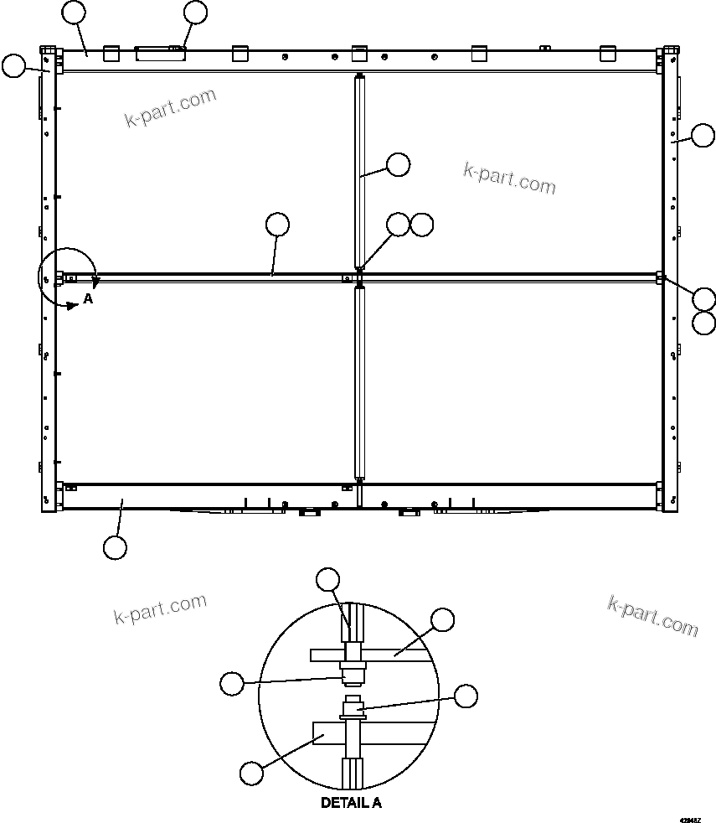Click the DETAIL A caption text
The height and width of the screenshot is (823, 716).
351,802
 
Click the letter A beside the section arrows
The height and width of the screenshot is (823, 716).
87,298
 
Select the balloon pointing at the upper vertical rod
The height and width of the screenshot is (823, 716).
398,164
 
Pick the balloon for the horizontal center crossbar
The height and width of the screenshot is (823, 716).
277,224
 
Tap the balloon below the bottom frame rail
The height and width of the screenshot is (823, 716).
115,547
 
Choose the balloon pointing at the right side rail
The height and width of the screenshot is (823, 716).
703,134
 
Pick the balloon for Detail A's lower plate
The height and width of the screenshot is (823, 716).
250,771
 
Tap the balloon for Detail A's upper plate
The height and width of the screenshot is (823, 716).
441,620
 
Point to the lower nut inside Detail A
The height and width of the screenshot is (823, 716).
351,712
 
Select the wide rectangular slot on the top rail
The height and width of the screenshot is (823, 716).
161,54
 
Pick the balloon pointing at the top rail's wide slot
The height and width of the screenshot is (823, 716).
195,12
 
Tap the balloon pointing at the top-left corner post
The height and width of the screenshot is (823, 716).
13,66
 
